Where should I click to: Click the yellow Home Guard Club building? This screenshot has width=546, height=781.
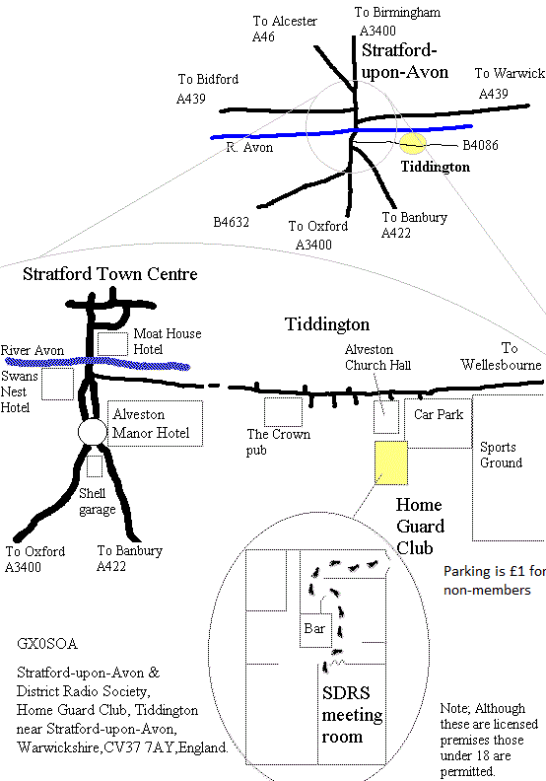click(x=391, y=462)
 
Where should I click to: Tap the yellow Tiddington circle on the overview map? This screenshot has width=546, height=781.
click(x=414, y=143)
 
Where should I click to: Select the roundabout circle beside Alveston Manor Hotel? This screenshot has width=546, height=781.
click(x=93, y=432)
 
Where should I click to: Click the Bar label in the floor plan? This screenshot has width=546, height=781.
click(x=314, y=628)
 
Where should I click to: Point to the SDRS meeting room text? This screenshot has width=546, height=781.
click(x=352, y=715)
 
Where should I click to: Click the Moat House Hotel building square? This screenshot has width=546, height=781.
click(x=112, y=344)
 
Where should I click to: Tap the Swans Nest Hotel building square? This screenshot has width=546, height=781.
click(x=58, y=384)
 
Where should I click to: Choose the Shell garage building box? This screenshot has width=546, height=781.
click(x=95, y=466)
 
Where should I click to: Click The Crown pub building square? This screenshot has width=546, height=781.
click(x=283, y=412)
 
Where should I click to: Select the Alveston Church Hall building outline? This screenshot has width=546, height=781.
click(x=386, y=417)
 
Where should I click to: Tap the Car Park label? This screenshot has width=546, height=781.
click(x=439, y=414)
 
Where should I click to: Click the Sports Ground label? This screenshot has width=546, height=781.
click(x=502, y=455)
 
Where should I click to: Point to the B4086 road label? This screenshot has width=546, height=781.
click(x=480, y=145)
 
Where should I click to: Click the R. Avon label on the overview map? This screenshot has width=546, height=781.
click(x=249, y=148)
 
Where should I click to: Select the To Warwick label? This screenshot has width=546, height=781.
click(x=510, y=73)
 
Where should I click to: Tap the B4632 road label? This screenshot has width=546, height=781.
click(x=231, y=222)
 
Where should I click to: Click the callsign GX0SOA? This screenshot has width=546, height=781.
click(x=47, y=644)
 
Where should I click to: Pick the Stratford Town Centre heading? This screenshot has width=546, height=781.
click(x=110, y=274)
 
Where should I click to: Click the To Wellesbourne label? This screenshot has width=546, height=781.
click(x=502, y=357)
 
